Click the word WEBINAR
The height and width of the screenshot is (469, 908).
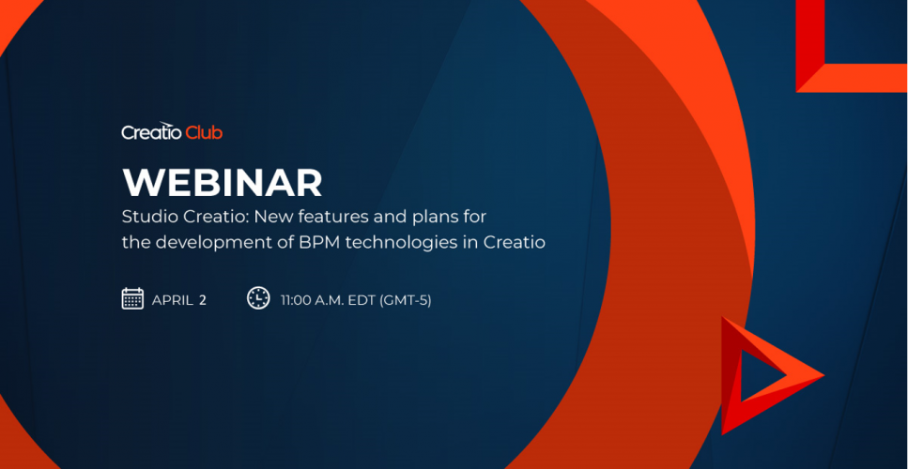coord(222,183)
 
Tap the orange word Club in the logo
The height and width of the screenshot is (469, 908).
coord(205,132)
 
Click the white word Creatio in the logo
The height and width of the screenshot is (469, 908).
coord(152,131)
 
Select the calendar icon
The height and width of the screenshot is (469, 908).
coord(132,298)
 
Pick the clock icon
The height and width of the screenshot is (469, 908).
coord(258,298)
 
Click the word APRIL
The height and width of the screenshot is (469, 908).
coord(173,300)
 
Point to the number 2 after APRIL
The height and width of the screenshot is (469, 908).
coord(203,300)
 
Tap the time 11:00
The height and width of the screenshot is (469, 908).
coord(296,300)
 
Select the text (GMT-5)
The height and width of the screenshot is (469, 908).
coord(406,300)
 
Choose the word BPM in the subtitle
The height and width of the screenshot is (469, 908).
coord(315,242)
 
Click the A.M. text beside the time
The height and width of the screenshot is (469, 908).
coord(330,300)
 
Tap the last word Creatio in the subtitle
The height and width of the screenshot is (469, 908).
coord(515,242)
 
